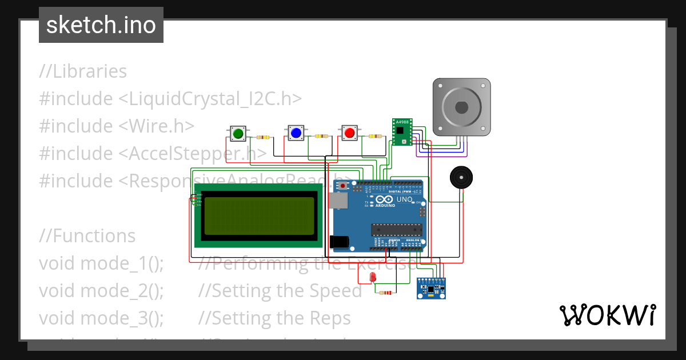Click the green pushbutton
coord(238,133)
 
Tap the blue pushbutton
coord(296,133)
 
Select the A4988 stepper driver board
coord(402,132)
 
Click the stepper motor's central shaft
coord(461,107)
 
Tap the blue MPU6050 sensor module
coord(433,288)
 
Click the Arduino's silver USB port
coord(338,199)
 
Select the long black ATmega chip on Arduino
coord(397,230)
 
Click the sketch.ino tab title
coord(101,25)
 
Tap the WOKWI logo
coord(607,315)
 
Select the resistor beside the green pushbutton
coord(264,137)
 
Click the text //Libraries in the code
coord(83,71)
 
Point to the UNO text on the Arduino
coord(404,199)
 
